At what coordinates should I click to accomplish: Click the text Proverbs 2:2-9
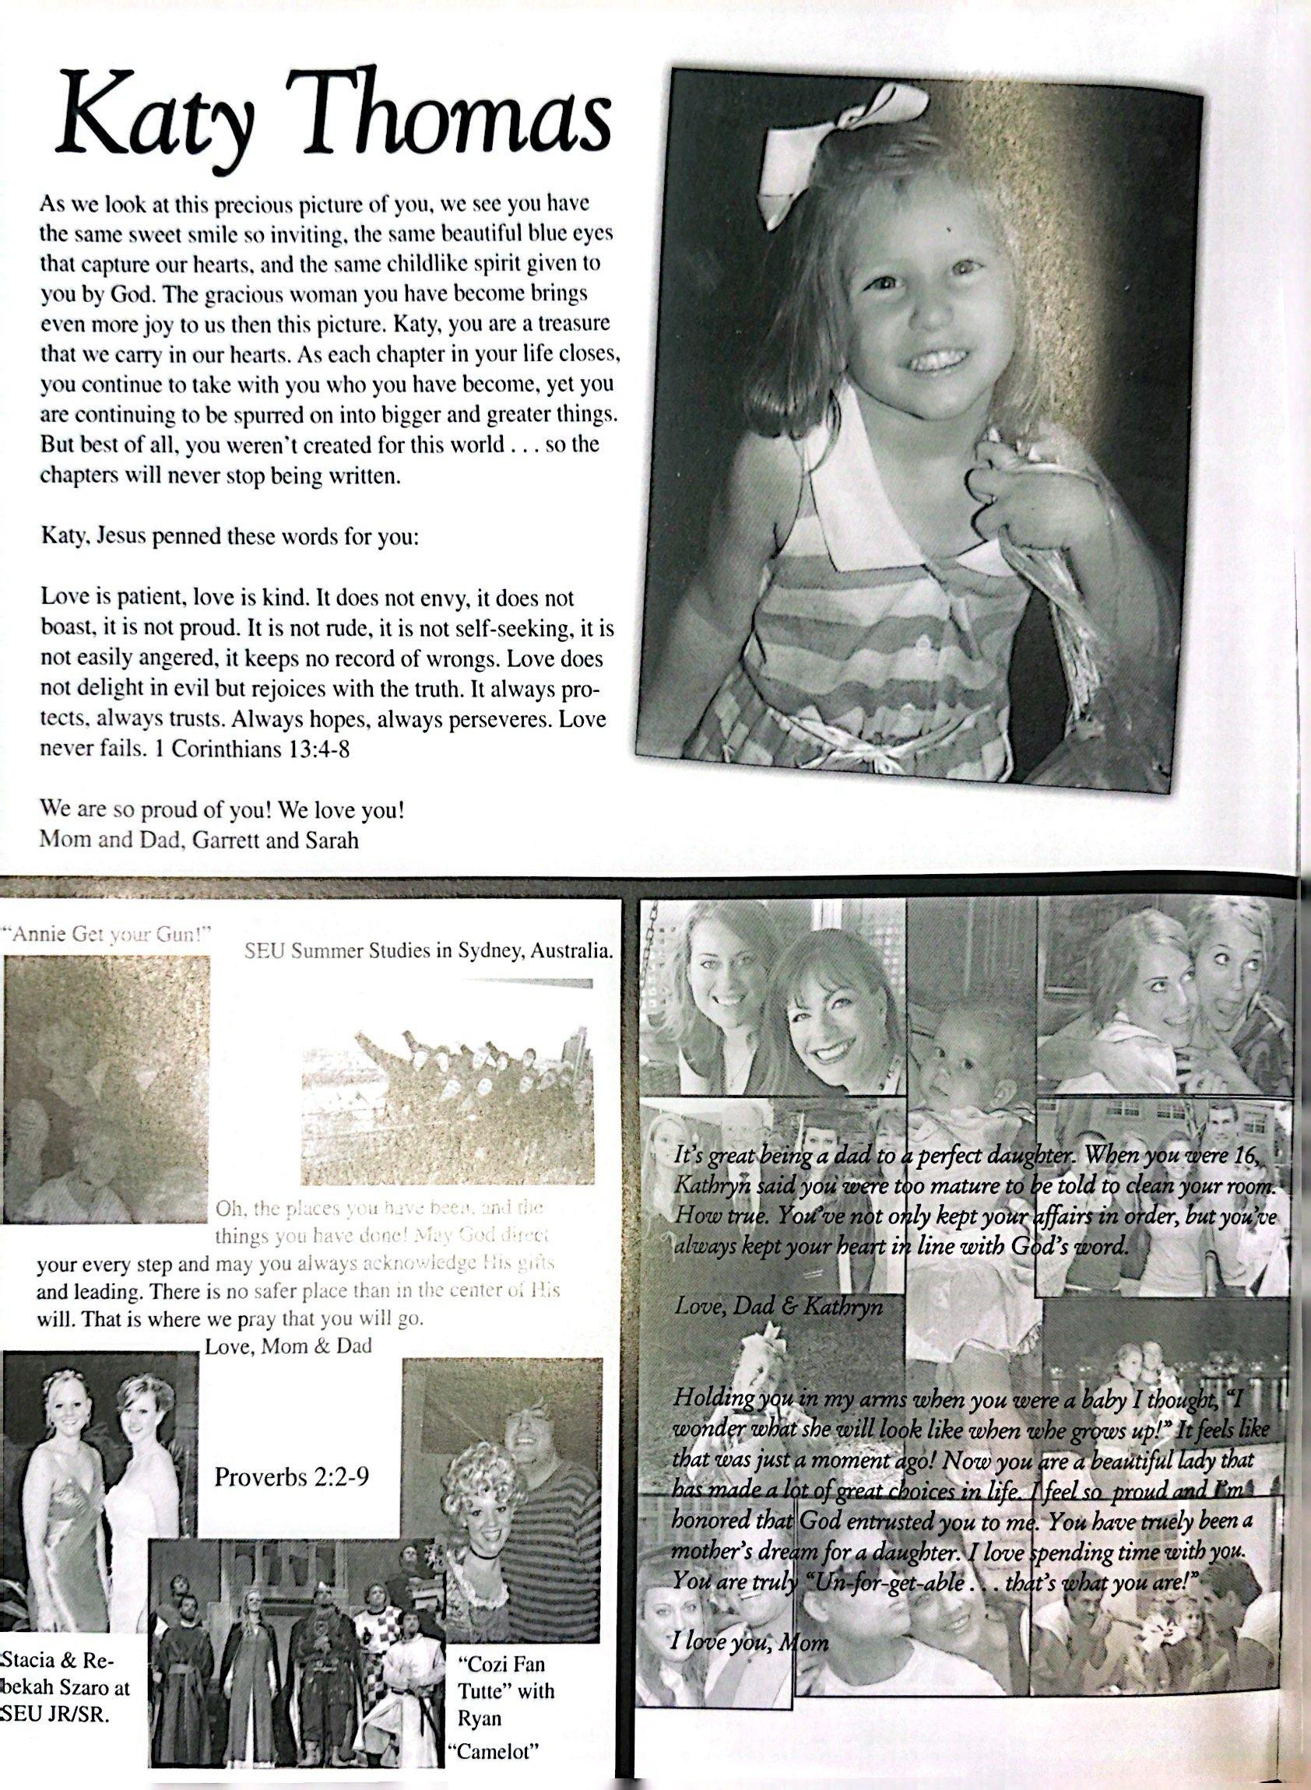pyautogui.click(x=292, y=1478)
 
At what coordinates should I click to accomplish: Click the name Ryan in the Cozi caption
pyautogui.click(x=480, y=1735)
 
